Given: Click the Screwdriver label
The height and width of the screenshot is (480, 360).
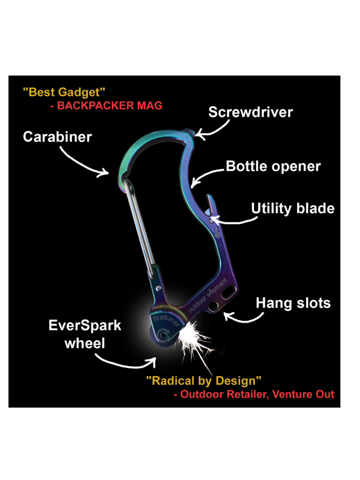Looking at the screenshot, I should tap(250, 112).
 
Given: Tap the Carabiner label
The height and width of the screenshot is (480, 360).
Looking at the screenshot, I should tap(57, 137).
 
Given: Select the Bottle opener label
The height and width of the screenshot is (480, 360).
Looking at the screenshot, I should tap(273, 166).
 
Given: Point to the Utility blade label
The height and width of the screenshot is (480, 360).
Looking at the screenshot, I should tap(292, 208).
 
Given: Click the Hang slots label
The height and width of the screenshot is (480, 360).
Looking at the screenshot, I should tap(293, 303).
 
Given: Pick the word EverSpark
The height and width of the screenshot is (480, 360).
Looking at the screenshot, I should tap(85, 325).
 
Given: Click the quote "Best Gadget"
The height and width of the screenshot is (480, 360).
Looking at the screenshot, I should tap(64, 91).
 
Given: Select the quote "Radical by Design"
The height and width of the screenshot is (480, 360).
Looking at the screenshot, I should tap(203, 380).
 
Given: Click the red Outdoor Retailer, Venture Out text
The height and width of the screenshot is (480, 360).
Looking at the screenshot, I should tap(254, 394).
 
